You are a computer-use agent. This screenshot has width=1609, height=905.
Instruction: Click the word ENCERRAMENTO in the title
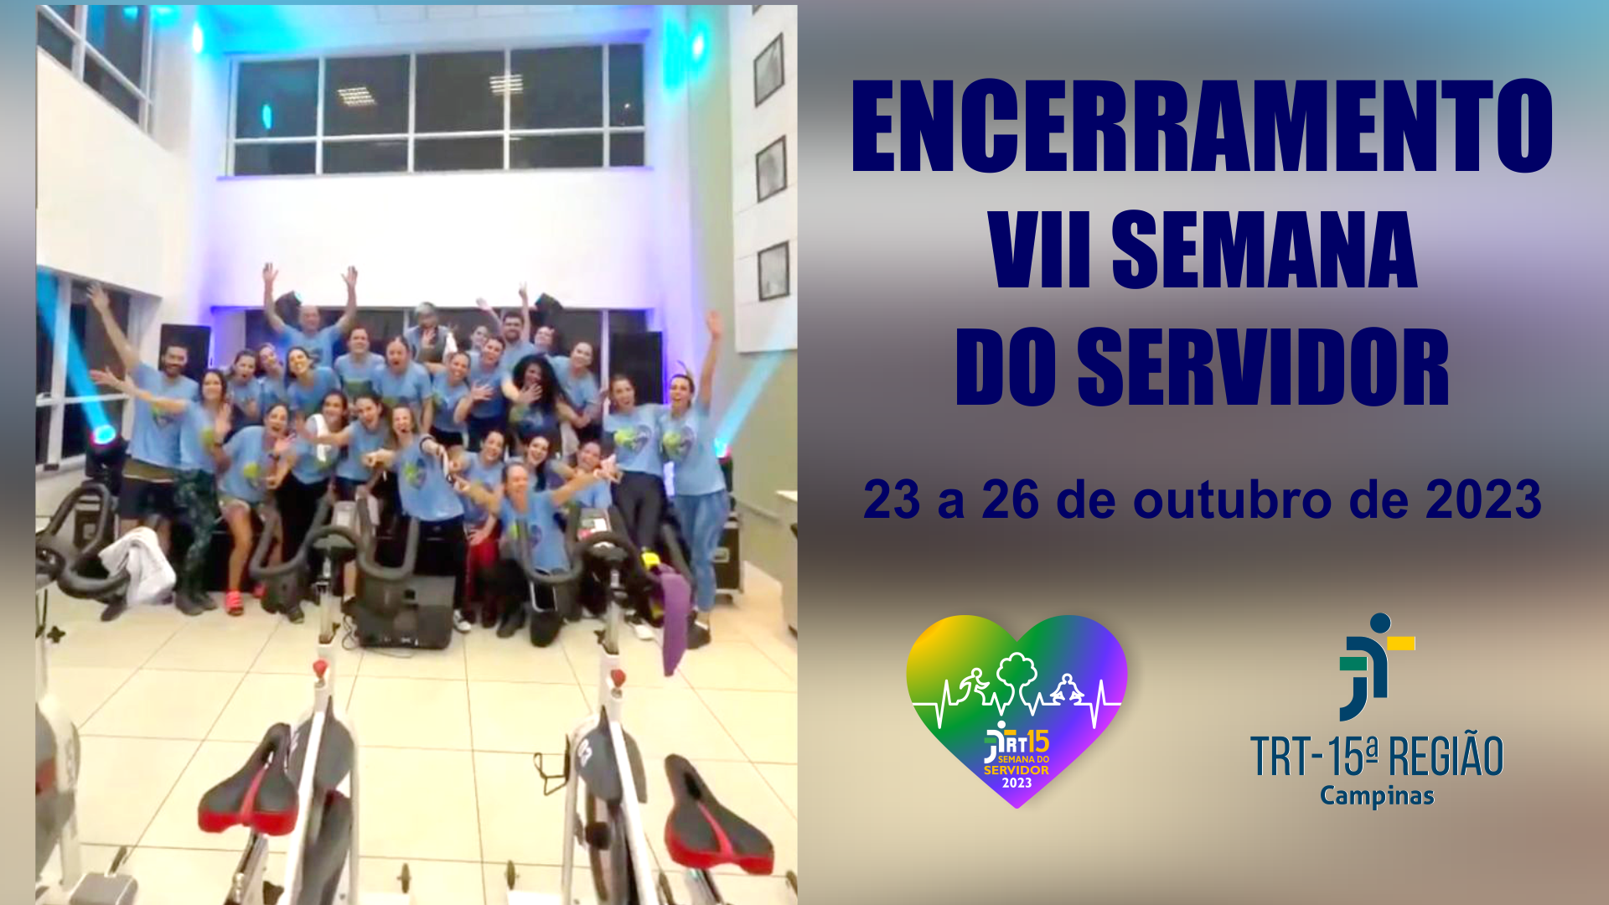click(1202, 127)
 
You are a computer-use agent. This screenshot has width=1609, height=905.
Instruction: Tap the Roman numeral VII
click(1042, 251)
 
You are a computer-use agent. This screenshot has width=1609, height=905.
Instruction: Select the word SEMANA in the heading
click(1264, 251)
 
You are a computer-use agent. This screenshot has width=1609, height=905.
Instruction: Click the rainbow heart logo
click(1017, 708)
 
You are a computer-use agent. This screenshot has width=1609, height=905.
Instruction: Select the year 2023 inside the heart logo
click(1017, 783)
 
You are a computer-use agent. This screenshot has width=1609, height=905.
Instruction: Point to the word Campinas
click(1377, 796)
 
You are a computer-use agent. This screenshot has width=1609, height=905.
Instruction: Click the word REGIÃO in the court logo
click(1446, 756)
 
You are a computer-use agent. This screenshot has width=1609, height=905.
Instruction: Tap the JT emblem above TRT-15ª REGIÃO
click(1374, 667)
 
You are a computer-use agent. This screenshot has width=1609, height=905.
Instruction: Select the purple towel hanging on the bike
click(674, 616)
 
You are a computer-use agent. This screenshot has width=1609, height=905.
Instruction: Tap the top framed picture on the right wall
click(769, 70)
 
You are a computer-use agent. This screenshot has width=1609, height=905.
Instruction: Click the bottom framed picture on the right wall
click(773, 271)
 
